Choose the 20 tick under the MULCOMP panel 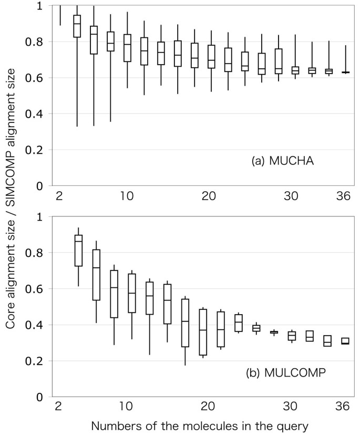[x=207, y=407]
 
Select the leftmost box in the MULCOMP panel [x=79, y=251]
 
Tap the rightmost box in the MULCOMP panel [x=345, y=341]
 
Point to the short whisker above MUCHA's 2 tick [x=60, y=15]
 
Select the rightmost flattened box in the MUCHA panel [x=345, y=72]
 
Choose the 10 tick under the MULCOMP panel [x=126, y=407]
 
